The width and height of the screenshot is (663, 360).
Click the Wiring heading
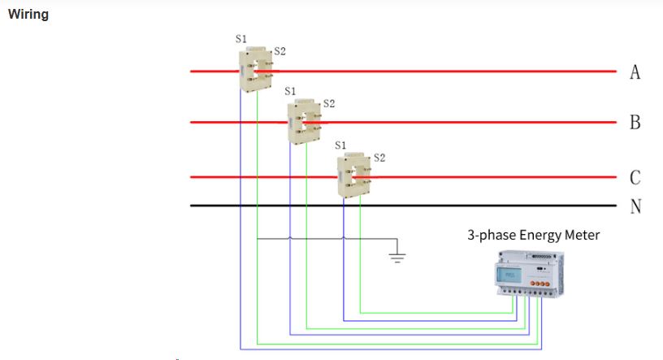28,15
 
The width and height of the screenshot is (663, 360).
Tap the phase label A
635,72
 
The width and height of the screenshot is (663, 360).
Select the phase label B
635,123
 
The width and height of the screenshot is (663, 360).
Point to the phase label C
635,177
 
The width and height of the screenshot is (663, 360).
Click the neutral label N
635,206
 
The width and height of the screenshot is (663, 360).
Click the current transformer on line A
255,69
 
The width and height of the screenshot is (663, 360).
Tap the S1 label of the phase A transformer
241,38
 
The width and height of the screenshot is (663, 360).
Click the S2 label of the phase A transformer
279,50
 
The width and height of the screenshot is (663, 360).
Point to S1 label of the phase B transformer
291,91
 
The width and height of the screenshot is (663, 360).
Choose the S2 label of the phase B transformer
329,103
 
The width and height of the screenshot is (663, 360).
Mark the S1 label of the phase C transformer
340,145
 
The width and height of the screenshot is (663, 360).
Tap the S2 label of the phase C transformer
379,157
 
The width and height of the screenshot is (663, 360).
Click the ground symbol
396,256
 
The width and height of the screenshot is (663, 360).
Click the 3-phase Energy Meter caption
533,235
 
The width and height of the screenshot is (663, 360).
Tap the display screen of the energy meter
510,274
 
